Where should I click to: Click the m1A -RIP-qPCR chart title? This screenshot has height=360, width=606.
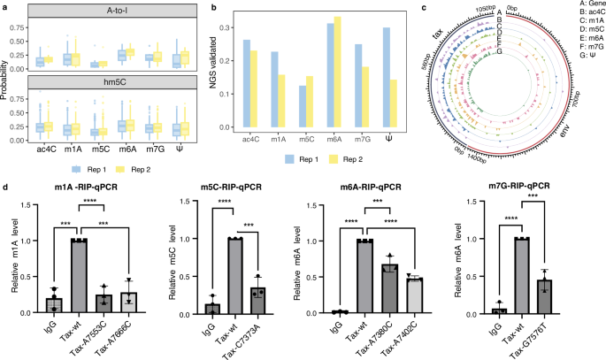coord(84,189)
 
